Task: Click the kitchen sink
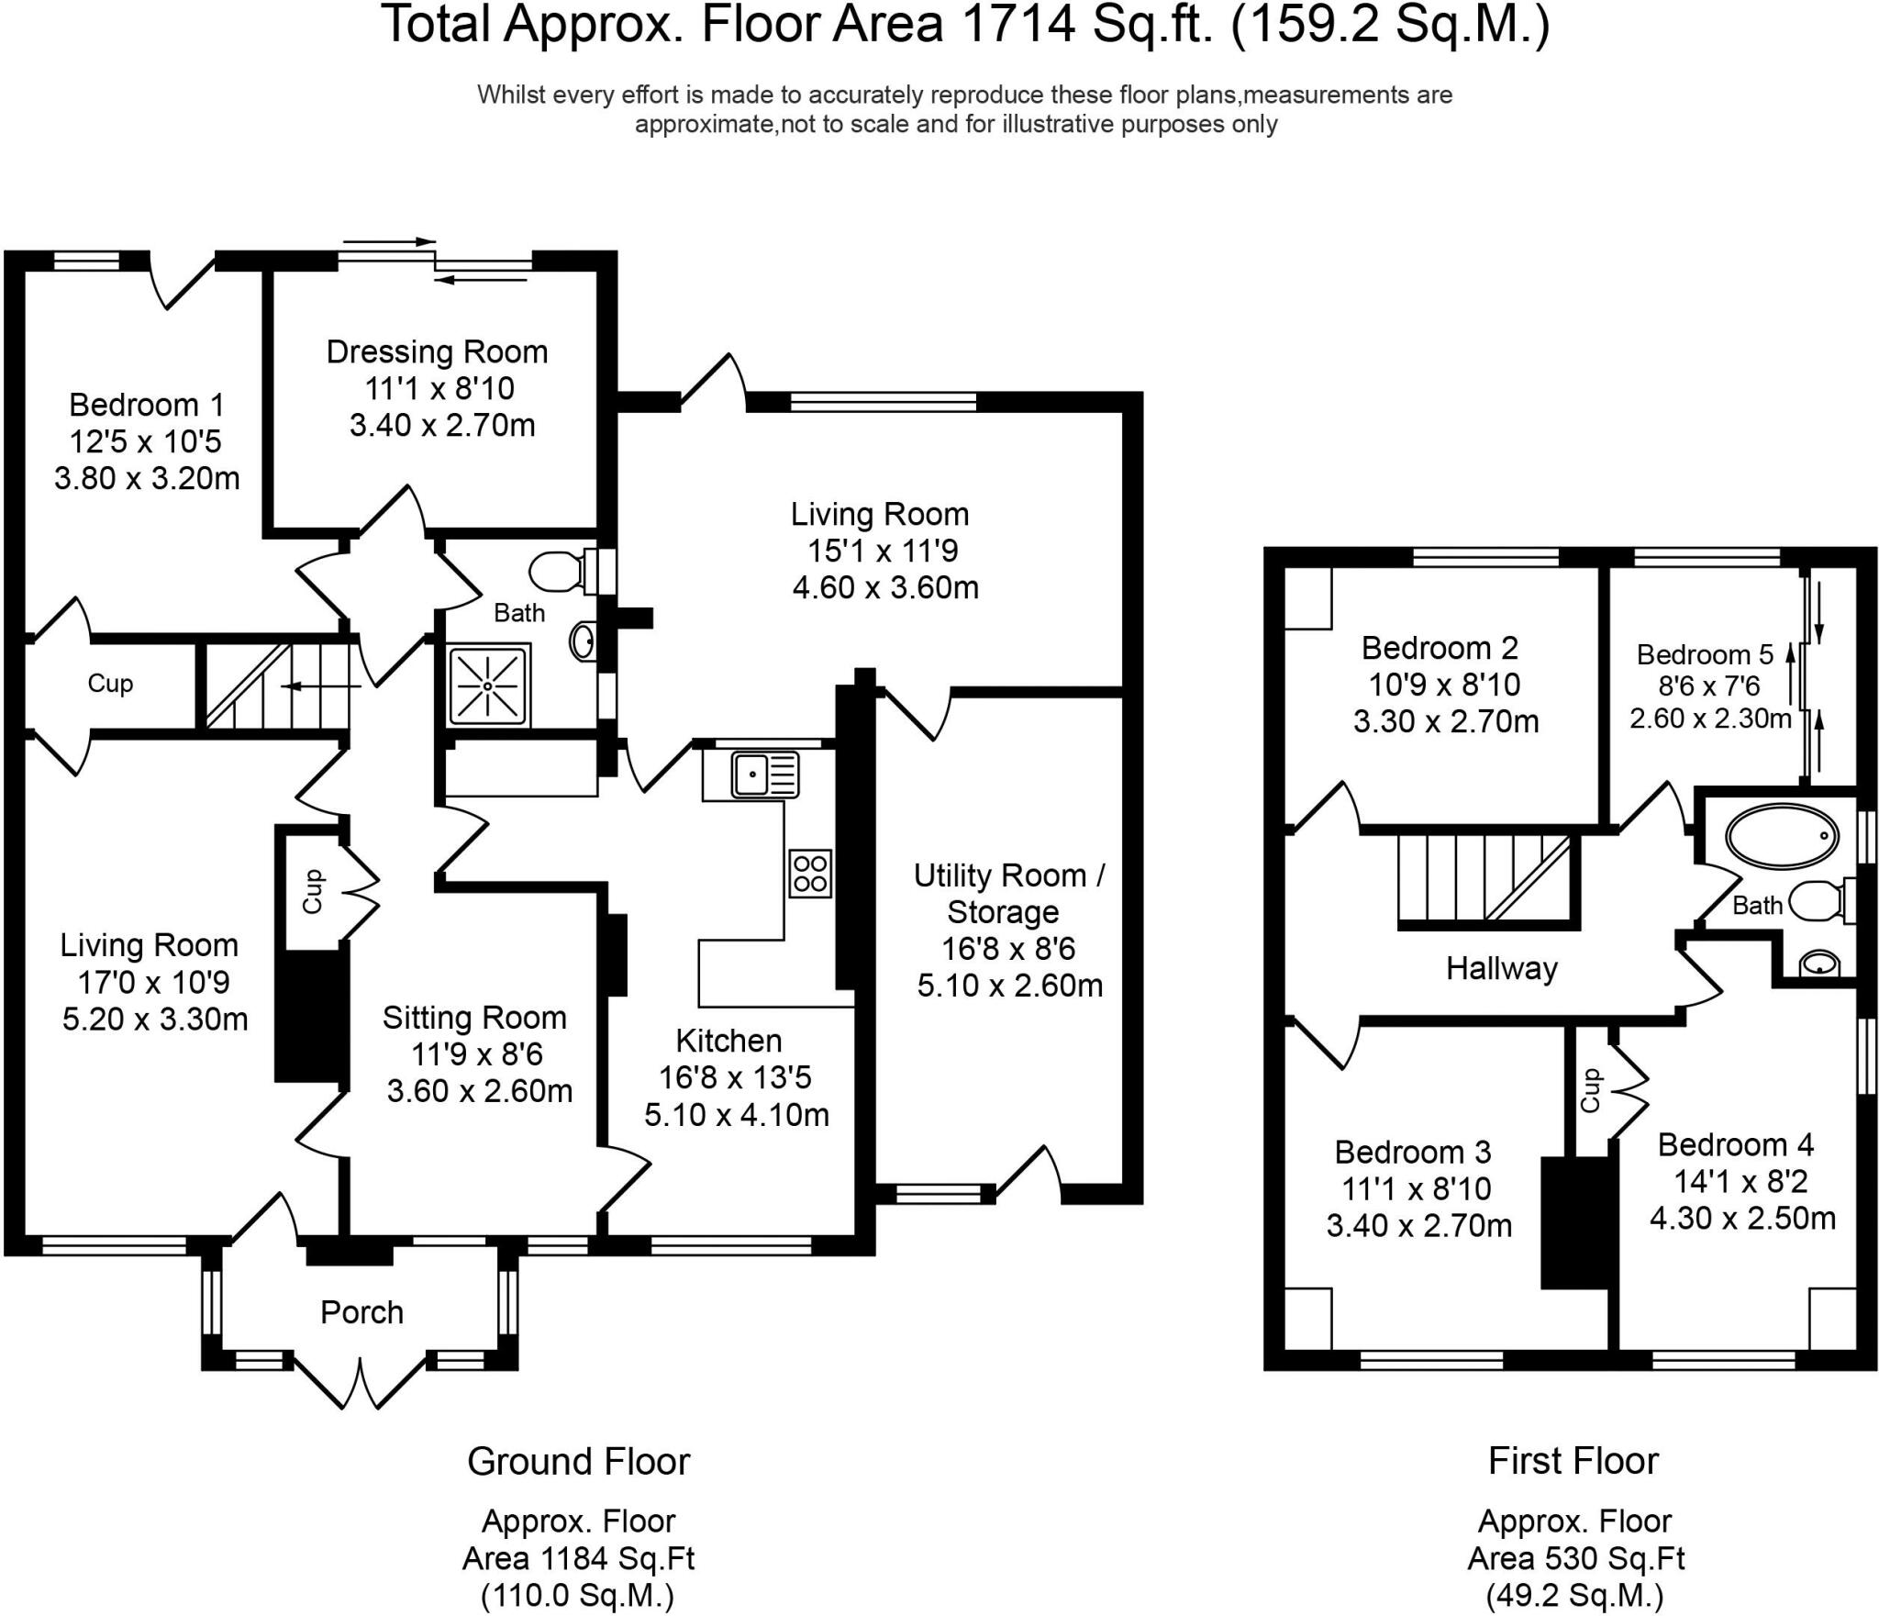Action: (765, 774)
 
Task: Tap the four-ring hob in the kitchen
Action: (810, 873)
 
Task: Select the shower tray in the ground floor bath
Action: (488, 686)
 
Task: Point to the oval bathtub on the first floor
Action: (1783, 837)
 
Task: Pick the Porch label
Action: (361, 1312)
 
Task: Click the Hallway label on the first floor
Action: (1502, 968)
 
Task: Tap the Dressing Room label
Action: (437, 352)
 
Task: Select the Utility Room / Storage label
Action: (1008, 893)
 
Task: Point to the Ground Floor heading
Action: (578, 1461)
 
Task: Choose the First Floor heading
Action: (1573, 1460)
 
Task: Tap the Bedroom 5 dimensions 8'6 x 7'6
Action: (1710, 686)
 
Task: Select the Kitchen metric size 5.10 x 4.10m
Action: (737, 1115)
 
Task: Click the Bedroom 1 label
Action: (147, 404)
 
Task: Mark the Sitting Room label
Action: (474, 1017)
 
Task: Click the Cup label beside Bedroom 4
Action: (1590, 1090)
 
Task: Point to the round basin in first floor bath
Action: (1818, 963)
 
